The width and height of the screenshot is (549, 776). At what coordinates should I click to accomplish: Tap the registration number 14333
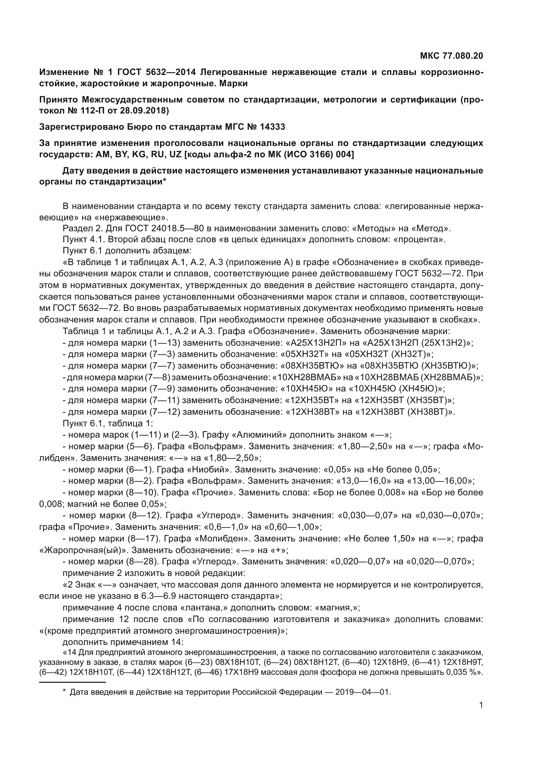click(273, 127)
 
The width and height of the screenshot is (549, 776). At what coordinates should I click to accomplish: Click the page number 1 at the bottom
click(481, 705)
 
